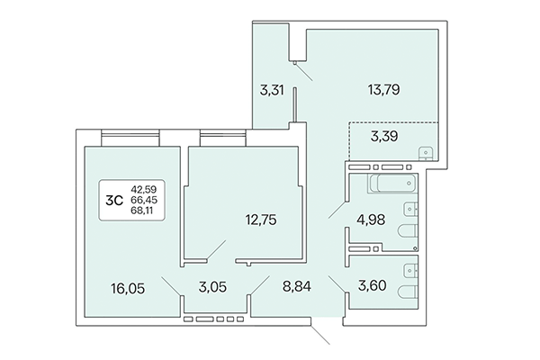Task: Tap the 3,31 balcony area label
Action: pos(272,89)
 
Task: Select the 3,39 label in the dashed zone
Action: pos(388,137)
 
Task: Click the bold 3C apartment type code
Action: pos(116,201)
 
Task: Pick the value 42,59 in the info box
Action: pos(144,189)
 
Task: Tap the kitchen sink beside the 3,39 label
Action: pos(426,154)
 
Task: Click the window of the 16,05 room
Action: pos(125,137)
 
